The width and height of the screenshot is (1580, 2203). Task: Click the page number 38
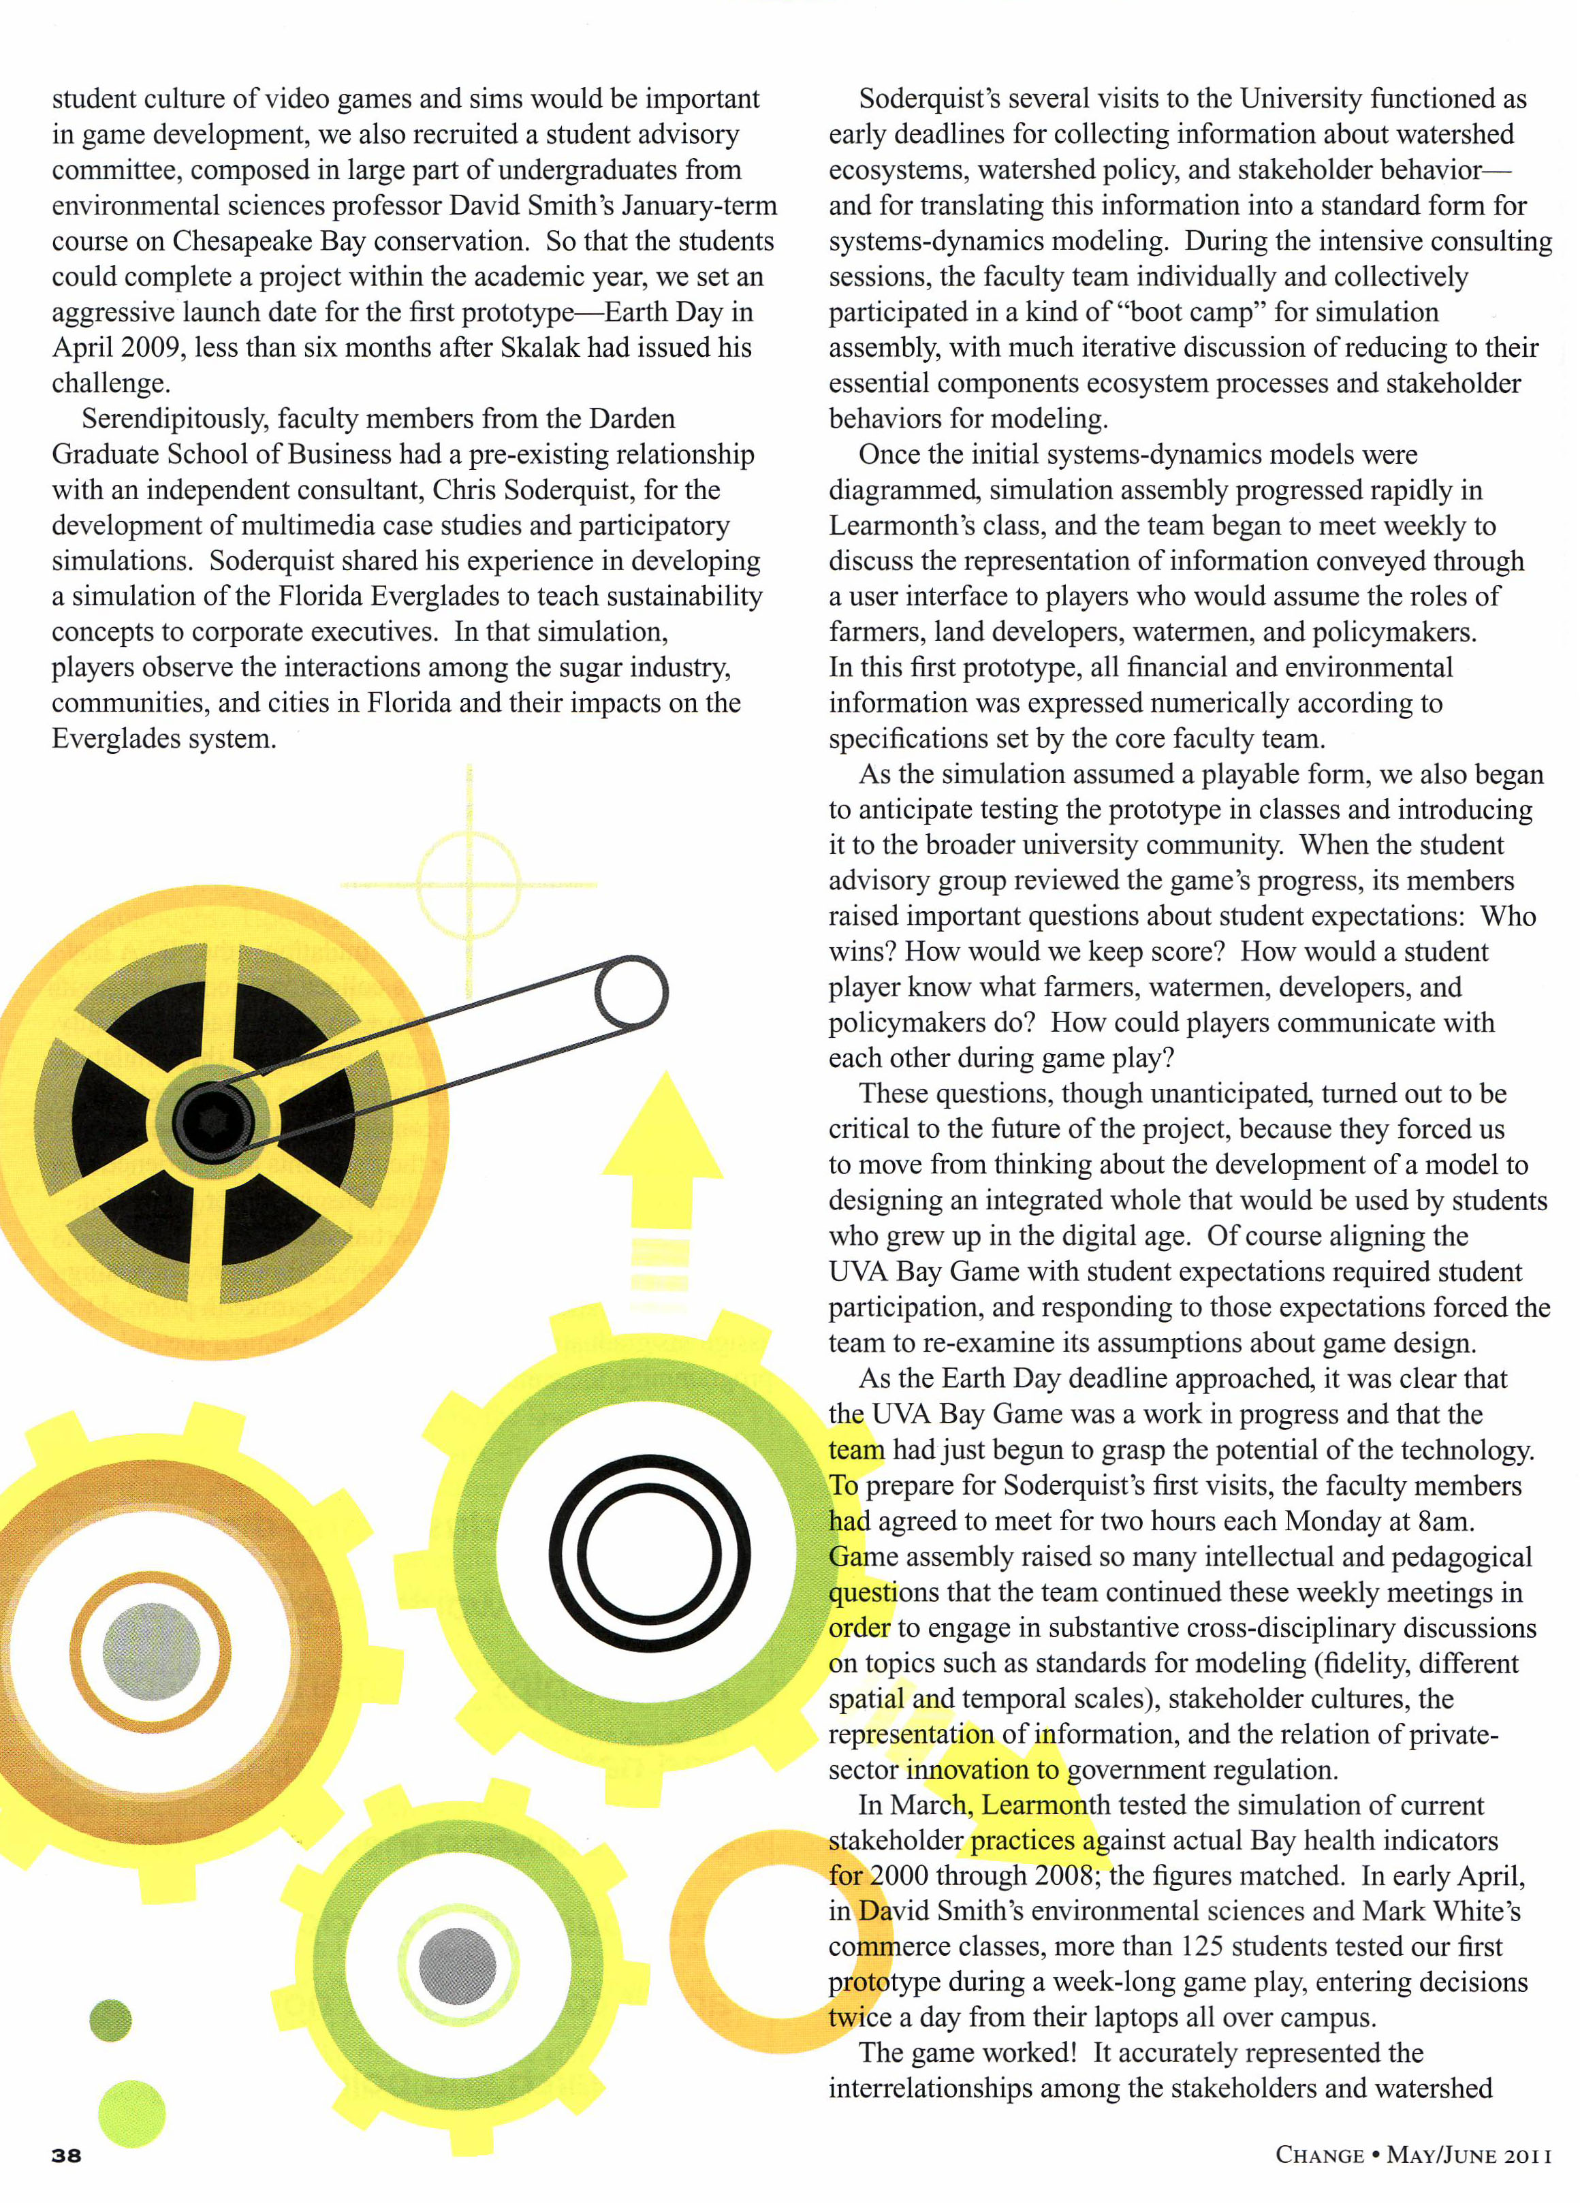click(x=67, y=2155)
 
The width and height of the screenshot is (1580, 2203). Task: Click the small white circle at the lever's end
click(x=630, y=994)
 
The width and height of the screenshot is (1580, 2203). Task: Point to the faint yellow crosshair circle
click(x=470, y=884)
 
